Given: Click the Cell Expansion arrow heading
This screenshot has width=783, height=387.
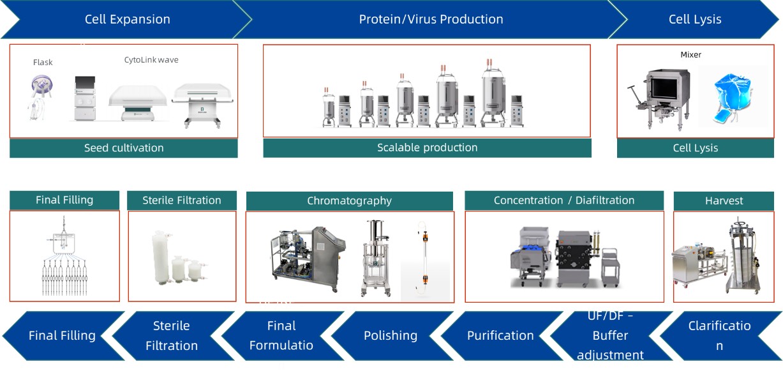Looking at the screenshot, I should [x=128, y=19].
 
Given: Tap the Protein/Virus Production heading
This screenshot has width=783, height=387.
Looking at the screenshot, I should [x=431, y=19].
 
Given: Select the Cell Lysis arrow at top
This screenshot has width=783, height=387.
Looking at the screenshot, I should [x=695, y=19].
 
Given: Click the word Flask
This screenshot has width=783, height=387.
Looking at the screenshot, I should [x=43, y=63].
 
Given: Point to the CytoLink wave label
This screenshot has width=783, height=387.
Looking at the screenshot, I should [x=151, y=60].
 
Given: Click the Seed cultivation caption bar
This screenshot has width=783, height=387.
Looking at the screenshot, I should [x=124, y=148].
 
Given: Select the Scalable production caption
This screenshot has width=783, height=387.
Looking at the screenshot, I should [x=427, y=148].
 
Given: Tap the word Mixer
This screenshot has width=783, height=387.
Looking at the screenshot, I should [x=690, y=55].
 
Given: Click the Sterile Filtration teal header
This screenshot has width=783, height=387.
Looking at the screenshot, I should [x=182, y=201].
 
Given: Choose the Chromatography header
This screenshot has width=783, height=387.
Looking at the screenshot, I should [x=349, y=201].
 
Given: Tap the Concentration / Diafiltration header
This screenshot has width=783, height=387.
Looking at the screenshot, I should [x=564, y=201].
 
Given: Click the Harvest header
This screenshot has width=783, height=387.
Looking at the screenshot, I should [x=724, y=201].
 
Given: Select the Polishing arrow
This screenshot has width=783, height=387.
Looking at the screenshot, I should [x=390, y=336].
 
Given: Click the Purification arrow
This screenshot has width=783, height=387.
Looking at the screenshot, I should [x=500, y=336].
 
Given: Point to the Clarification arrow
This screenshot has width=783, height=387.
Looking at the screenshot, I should [x=719, y=336].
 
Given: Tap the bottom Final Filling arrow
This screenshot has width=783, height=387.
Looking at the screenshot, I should [x=62, y=336].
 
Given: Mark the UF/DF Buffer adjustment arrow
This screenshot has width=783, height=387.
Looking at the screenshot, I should [x=610, y=336].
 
